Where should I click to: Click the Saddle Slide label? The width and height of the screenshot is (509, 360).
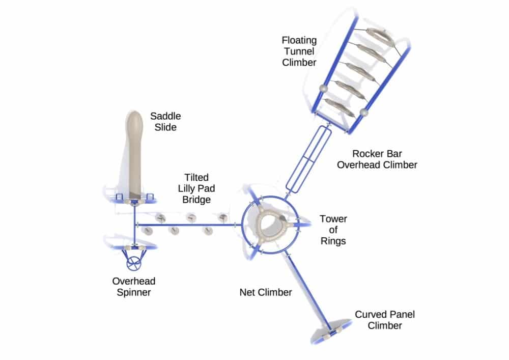165,122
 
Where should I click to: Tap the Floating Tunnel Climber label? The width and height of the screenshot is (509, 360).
299,51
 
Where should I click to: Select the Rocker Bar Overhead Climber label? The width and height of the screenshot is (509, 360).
385,158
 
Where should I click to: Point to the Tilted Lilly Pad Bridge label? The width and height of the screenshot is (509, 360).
196,188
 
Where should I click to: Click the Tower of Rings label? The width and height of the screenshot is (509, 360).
333,230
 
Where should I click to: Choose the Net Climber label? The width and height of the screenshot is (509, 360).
266,292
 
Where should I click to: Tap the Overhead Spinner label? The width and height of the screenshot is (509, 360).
134,287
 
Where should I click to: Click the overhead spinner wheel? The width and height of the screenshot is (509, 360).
134,263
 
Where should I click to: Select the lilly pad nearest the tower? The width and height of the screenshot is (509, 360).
222,218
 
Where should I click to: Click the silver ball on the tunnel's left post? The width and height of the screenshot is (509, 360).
322,89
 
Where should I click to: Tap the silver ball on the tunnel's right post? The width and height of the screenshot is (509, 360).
363,113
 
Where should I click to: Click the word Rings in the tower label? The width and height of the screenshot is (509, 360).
333,240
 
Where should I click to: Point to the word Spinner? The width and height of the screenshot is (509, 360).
134,292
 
